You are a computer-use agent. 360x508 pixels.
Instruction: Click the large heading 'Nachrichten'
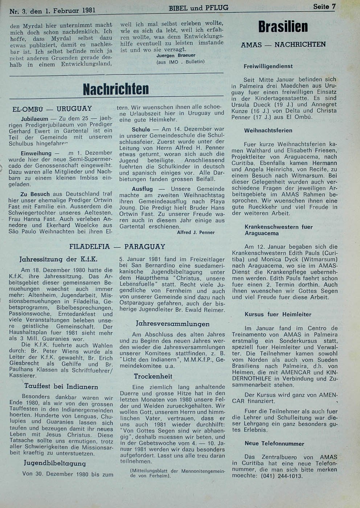click(x=116, y=89)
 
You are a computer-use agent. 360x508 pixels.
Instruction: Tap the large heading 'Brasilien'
click(x=283, y=27)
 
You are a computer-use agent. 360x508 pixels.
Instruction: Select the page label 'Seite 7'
click(x=324, y=7)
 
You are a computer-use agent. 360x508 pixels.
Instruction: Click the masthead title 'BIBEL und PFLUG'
click(x=199, y=8)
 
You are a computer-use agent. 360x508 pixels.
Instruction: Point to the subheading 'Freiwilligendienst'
click(x=268, y=66)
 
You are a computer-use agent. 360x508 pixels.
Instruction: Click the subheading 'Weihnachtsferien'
click(x=268, y=131)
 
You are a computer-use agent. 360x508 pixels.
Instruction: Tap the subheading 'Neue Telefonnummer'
click(x=274, y=443)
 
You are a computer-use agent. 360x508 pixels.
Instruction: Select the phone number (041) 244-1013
click(x=281, y=476)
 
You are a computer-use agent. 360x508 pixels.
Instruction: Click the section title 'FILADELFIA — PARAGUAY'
click(x=117, y=247)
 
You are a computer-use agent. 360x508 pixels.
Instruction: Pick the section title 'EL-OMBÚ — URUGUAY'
click(x=52, y=109)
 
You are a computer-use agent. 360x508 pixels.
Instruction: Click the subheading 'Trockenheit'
click(x=153, y=376)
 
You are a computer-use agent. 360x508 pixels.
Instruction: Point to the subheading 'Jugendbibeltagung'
click(x=55, y=463)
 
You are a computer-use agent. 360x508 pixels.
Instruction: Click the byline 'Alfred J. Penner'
click(x=196, y=233)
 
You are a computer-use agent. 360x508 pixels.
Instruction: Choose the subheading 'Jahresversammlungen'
click(x=172, y=324)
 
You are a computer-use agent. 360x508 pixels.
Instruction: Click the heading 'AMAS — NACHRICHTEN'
click(x=283, y=45)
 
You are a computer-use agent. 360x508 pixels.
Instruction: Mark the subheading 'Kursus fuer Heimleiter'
click(x=278, y=315)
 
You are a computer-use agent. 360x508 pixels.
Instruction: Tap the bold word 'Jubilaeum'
click(x=34, y=119)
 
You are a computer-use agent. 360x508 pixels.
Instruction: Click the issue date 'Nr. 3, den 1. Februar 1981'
click(x=53, y=11)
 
